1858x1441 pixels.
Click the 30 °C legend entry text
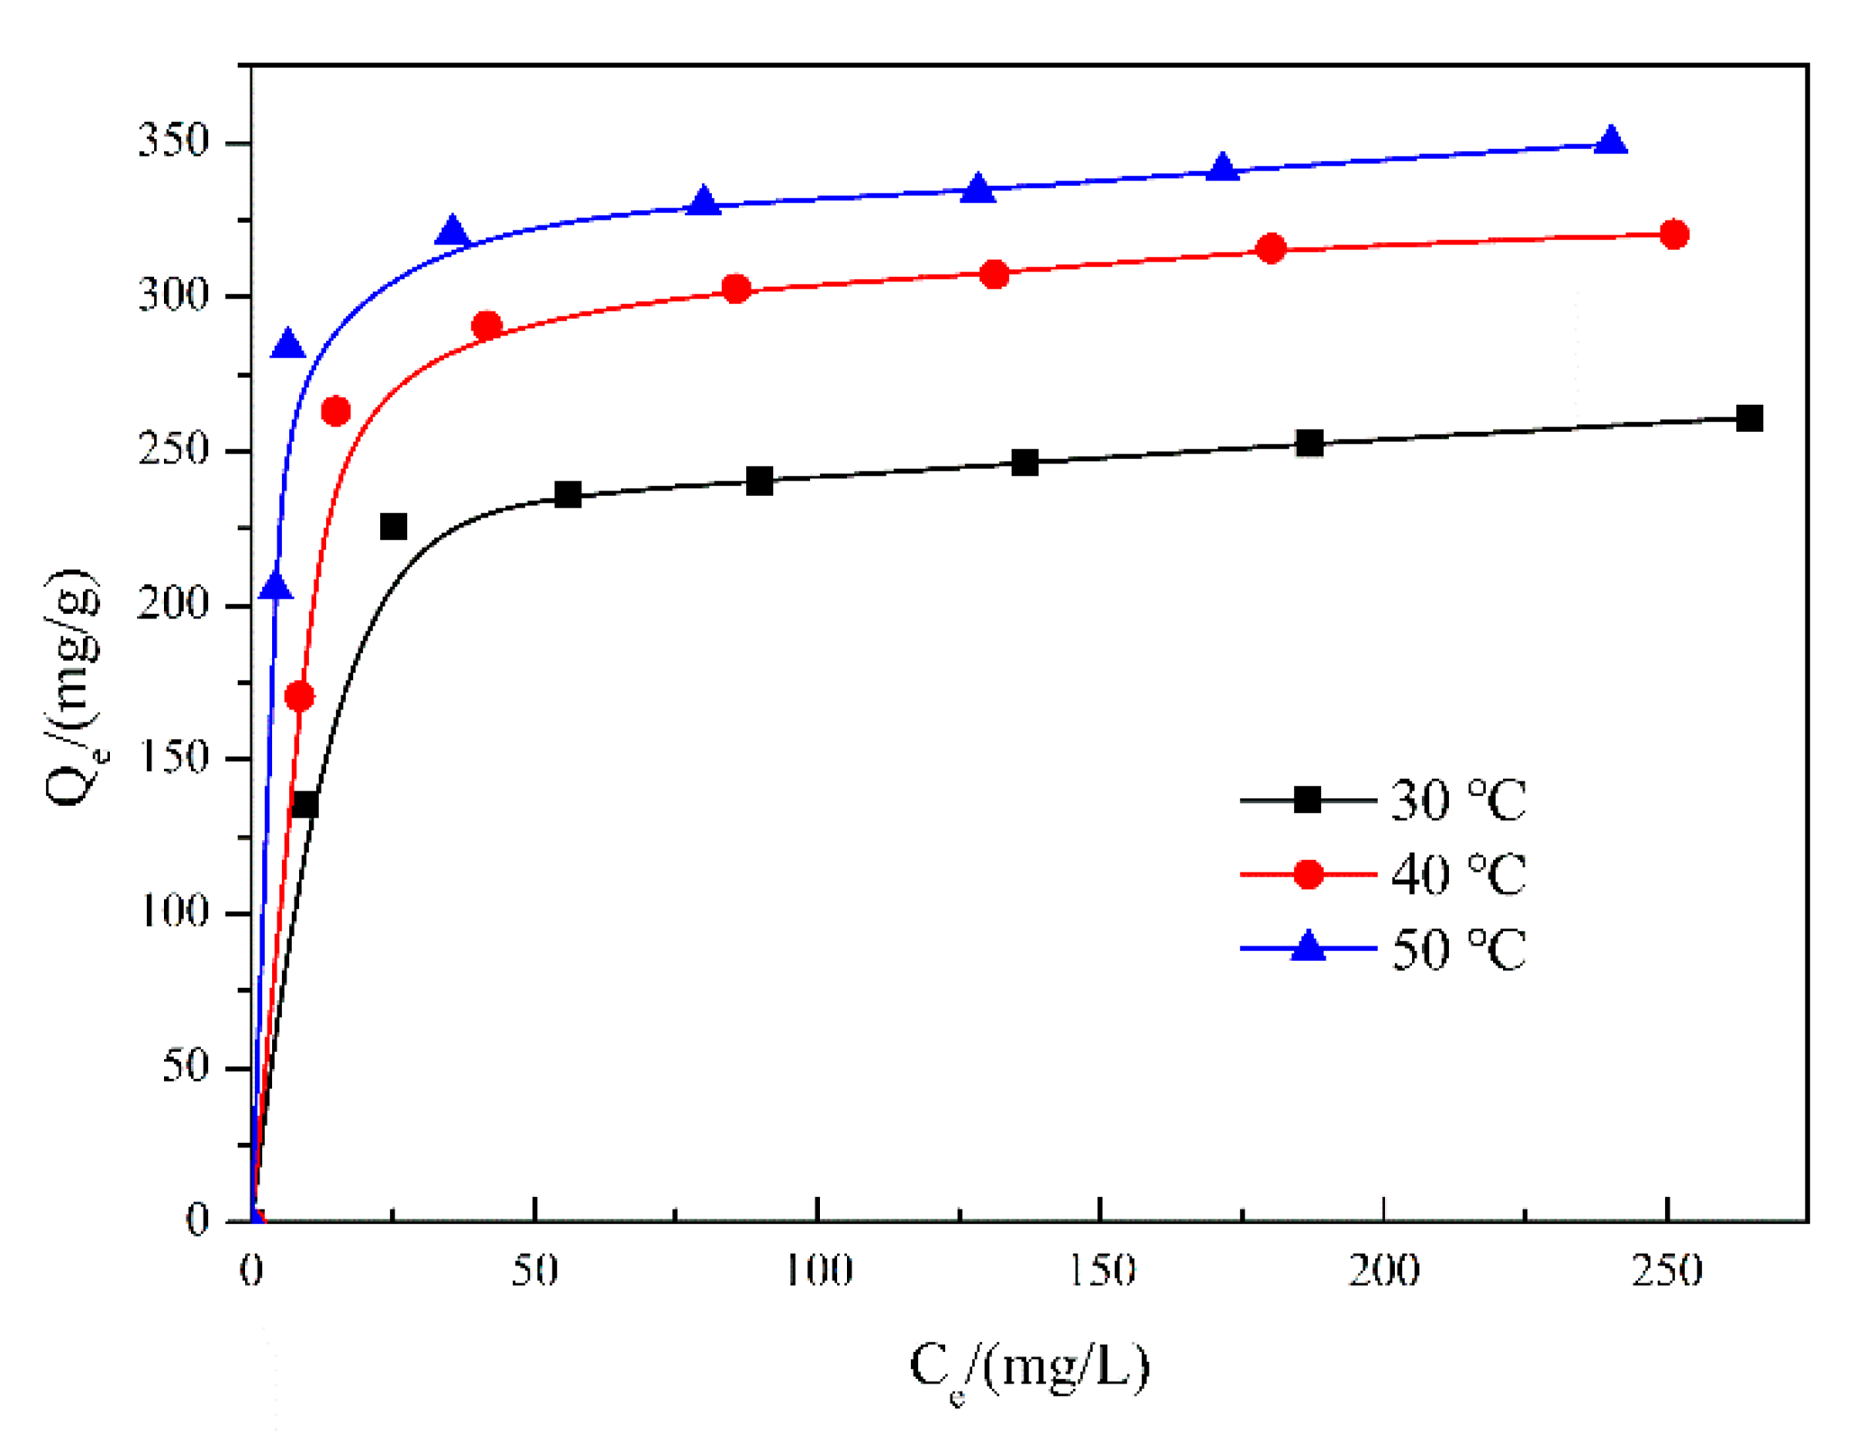(1457, 799)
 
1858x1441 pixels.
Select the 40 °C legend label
(1457, 873)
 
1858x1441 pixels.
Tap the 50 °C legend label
(1457, 948)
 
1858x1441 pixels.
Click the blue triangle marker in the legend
(1307, 947)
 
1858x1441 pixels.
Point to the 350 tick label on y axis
(173, 141)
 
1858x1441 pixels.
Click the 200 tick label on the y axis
(173, 604)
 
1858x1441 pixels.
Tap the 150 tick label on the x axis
(1100, 1270)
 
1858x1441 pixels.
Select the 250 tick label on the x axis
(1667, 1270)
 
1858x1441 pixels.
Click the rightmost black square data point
(1748, 418)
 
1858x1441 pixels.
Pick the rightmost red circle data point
(1673, 234)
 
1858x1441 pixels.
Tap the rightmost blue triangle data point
(1610, 141)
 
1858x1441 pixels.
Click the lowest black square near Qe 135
(305, 804)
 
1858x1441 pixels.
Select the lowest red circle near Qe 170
(299, 696)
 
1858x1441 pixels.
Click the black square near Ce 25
(393, 526)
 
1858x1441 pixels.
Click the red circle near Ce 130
(994, 274)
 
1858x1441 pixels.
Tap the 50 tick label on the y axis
(185, 1067)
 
